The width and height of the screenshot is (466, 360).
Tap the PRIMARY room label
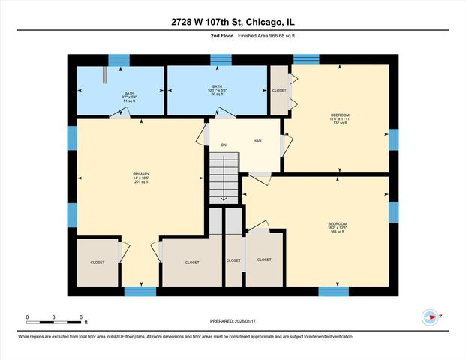[x=141, y=178]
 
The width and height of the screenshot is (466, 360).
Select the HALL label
[x=257, y=140]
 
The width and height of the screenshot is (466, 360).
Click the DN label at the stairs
[x=223, y=145]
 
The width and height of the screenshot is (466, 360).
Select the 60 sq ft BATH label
[x=217, y=91]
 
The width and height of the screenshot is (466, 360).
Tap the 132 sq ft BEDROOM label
[x=339, y=119]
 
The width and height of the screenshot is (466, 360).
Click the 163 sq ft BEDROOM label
[x=337, y=226]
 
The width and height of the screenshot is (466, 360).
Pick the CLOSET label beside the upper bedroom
[x=279, y=90]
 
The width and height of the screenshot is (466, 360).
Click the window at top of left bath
[x=119, y=59]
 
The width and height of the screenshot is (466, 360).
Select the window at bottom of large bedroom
[x=333, y=291]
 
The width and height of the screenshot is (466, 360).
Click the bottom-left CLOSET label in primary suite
[x=98, y=262]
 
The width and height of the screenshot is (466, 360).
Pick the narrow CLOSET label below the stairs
[x=233, y=260]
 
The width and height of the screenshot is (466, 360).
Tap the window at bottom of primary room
[x=140, y=291]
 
